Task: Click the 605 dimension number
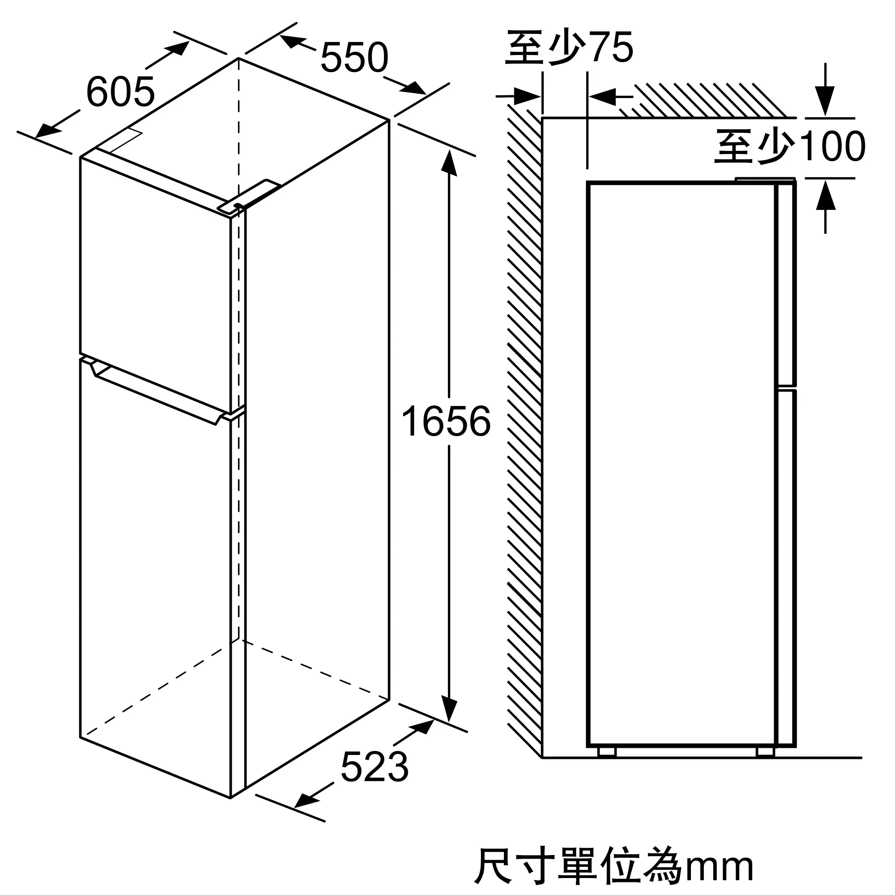(x=120, y=92)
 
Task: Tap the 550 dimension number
(x=354, y=58)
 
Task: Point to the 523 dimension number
(x=374, y=767)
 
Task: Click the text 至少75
(x=569, y=48)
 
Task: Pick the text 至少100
(x=790, y=146)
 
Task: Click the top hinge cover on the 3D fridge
(x=250, y=196)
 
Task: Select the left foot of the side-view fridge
(x=607, y=751)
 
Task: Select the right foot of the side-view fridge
(x=765, y=751)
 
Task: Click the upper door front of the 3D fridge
(x=155, y=282)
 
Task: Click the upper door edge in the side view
(x=787, y=282)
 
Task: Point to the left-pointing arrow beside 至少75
(x=602, y=97)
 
